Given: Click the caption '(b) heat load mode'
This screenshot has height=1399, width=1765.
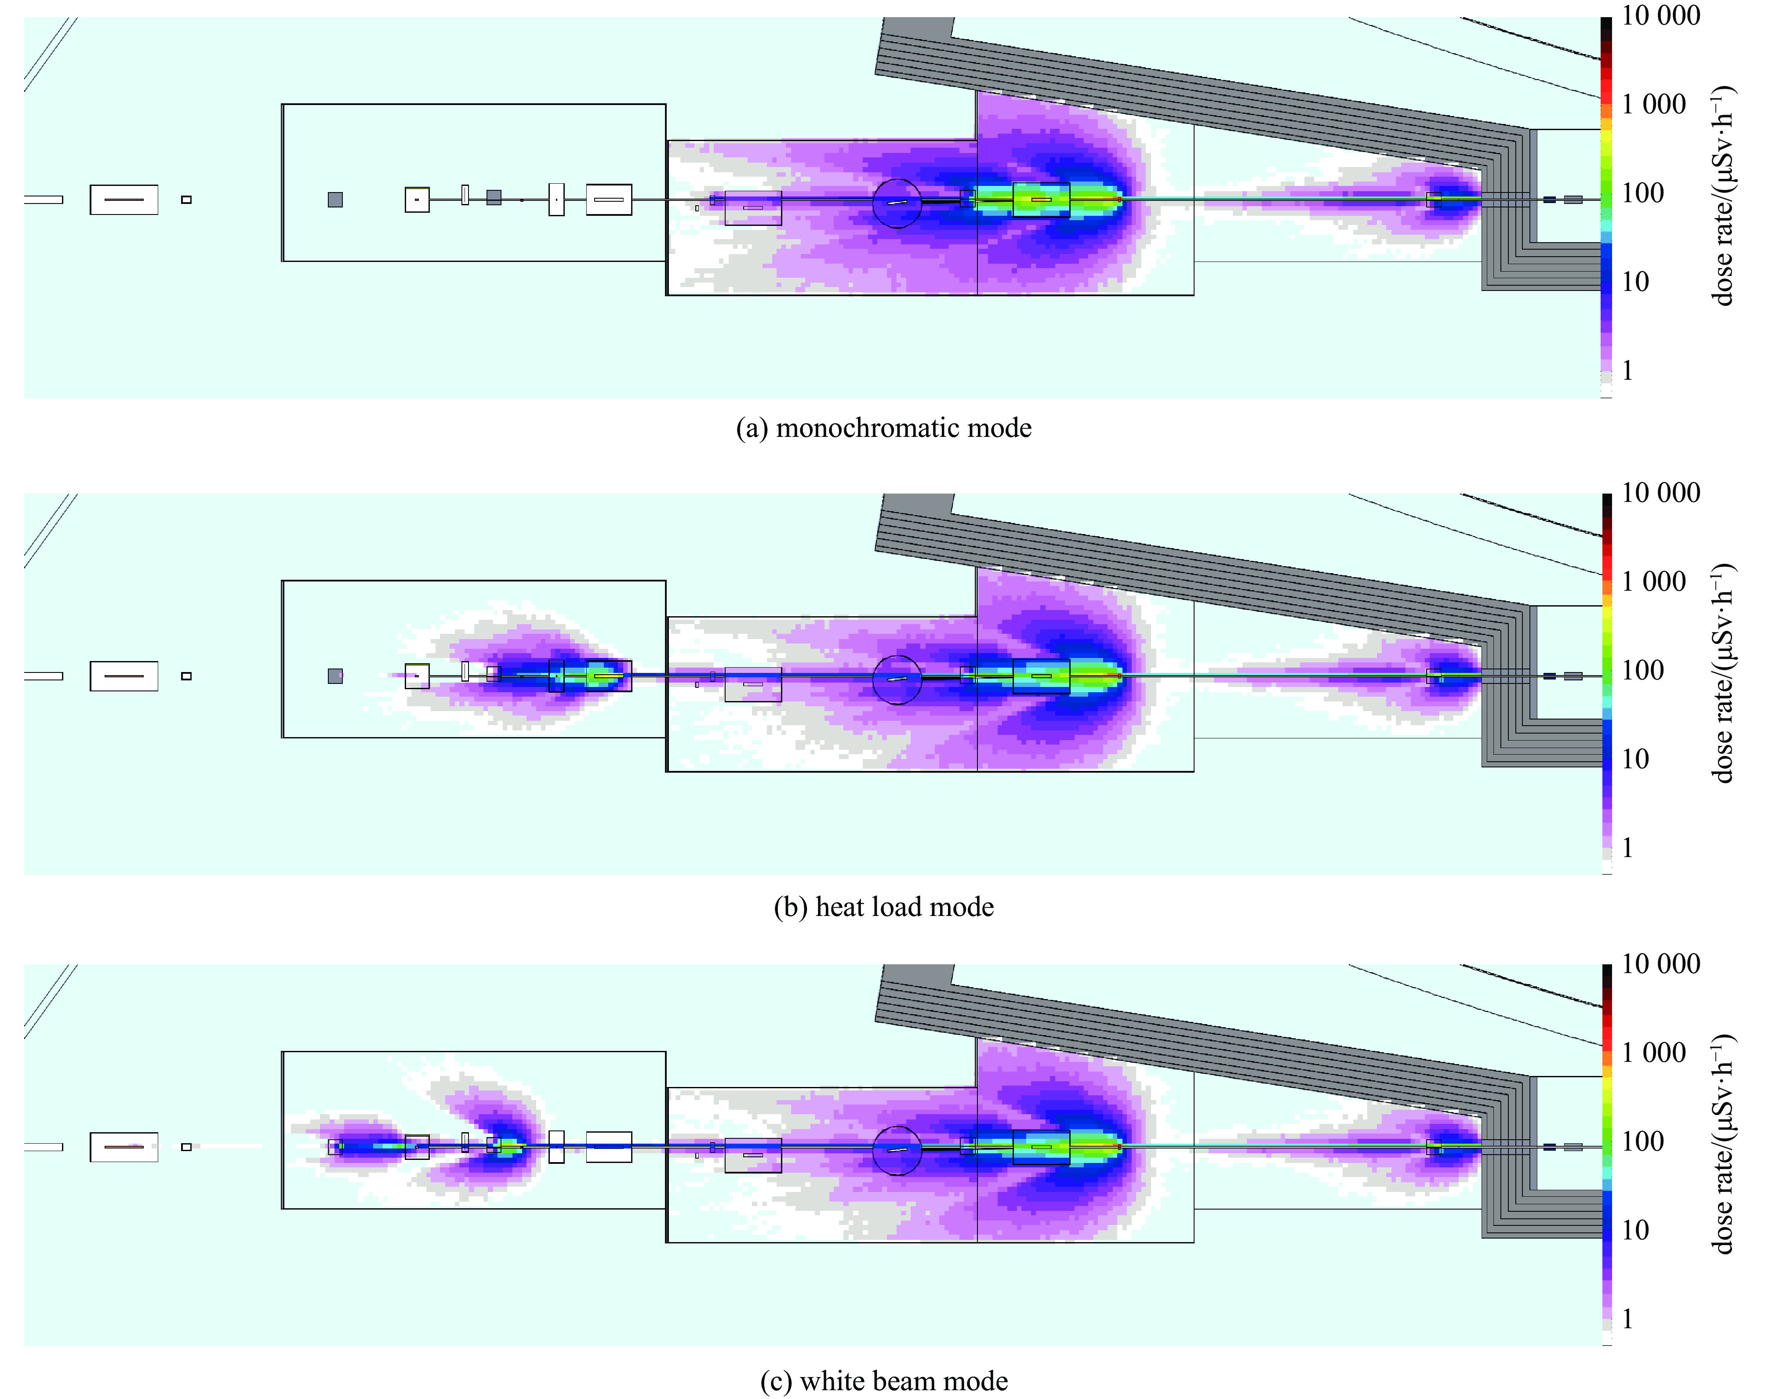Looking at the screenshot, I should pyautogui.click(x=883, y=907).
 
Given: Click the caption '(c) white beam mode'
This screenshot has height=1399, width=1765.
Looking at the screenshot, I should pyautogui.click(x=883, y=1381).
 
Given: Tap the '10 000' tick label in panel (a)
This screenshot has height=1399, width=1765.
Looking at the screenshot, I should pyautogui.click(x=1660, y=15).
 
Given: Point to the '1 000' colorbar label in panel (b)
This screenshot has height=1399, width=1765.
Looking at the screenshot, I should pyautogui.click(x=1654, y=581).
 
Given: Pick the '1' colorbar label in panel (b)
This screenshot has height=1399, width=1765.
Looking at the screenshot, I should pyautogui.click(x=1627, y=847).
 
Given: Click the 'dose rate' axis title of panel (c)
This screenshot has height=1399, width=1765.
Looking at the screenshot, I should pyautogui.click(x=1723, y=1146).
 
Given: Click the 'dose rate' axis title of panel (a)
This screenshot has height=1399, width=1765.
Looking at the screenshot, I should pyautogui.click(x=1723, y=196).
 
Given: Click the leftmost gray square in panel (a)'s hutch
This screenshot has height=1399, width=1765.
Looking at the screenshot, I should pyautogui.click(x=335, y=200).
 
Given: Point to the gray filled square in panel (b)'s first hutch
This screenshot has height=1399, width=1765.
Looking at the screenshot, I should pyautogui.click(x=335, y=676).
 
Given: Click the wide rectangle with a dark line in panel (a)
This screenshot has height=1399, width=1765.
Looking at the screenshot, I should pyautogui.click(x=123, y=200).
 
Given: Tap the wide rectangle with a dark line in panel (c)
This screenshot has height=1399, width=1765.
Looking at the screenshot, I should pyautogui.click(x=123, y=1147).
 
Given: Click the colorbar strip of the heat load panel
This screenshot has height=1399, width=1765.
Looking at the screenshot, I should pyautogui.click(x=1607, y=683).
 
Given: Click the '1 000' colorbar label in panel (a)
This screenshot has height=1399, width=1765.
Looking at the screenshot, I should pyautogui.click(x=1654, y=104).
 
